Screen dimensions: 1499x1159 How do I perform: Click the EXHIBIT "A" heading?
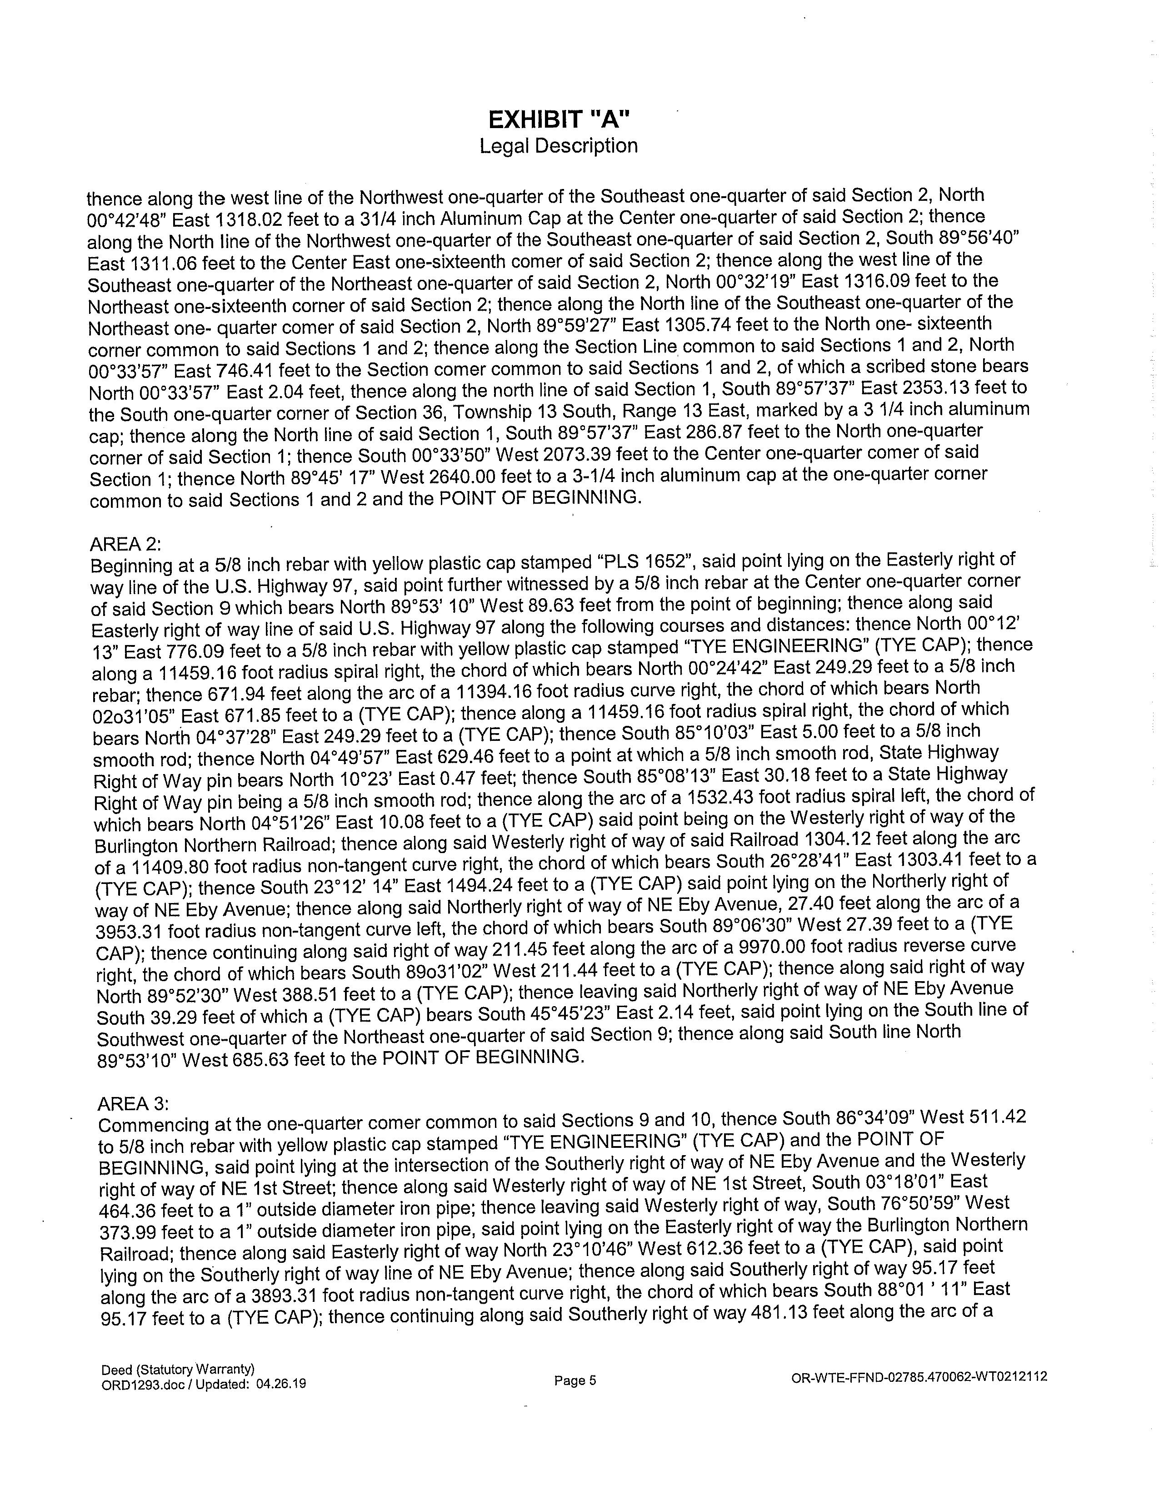(x=558, y=120)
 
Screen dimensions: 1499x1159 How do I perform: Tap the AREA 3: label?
(x=133, y=1104)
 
